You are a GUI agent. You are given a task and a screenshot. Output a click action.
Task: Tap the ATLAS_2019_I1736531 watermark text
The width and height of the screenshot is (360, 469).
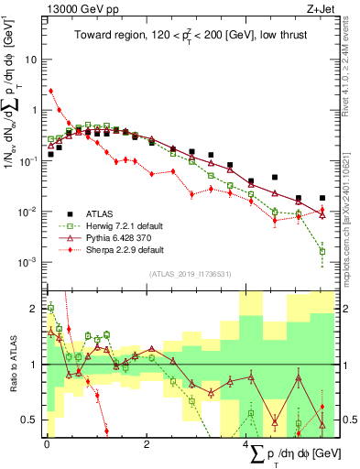(191, 274)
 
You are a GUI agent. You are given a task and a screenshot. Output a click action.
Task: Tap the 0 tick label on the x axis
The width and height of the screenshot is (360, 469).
(46, 444)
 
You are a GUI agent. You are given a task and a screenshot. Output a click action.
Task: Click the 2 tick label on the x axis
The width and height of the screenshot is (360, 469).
(147, 444)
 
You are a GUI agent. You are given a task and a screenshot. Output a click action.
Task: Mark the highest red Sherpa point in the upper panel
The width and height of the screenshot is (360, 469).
(51, 91)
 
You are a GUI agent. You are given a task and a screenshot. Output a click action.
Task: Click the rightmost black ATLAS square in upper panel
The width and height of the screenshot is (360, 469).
(322, 198)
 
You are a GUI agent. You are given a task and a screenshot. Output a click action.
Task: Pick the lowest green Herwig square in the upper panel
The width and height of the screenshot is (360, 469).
(322, 251)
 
